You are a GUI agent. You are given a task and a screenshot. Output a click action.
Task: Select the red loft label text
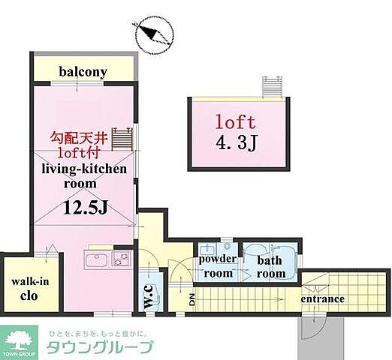pyautogui.click(x=236, y=121)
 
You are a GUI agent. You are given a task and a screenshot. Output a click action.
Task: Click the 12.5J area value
pyautogui.click(x=84, y=208)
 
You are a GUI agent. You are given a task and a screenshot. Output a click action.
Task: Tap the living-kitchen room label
pyautogui.click(x=83, y=175)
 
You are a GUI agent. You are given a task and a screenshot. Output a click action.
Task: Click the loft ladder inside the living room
pyautogui.click(x=128, y=140)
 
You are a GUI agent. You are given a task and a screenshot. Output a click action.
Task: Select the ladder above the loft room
pyautogui.click(x=271, y=88)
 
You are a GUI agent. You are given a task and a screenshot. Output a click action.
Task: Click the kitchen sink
pyautogui.click(x=97, y=262)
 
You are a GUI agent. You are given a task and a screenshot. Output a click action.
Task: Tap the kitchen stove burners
pyautogui.click(x=119, y=262)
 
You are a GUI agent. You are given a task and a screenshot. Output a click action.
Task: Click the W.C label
pyautogui.click(x=149, y=293)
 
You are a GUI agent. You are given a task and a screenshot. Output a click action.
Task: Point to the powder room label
pyautogui.click(x=217, y=266)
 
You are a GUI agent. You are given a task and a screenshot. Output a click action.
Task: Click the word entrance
pyautogui.click(x=322, y=299)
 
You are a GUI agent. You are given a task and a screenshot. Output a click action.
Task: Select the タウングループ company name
pyautogui.click(x=101, y=346)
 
